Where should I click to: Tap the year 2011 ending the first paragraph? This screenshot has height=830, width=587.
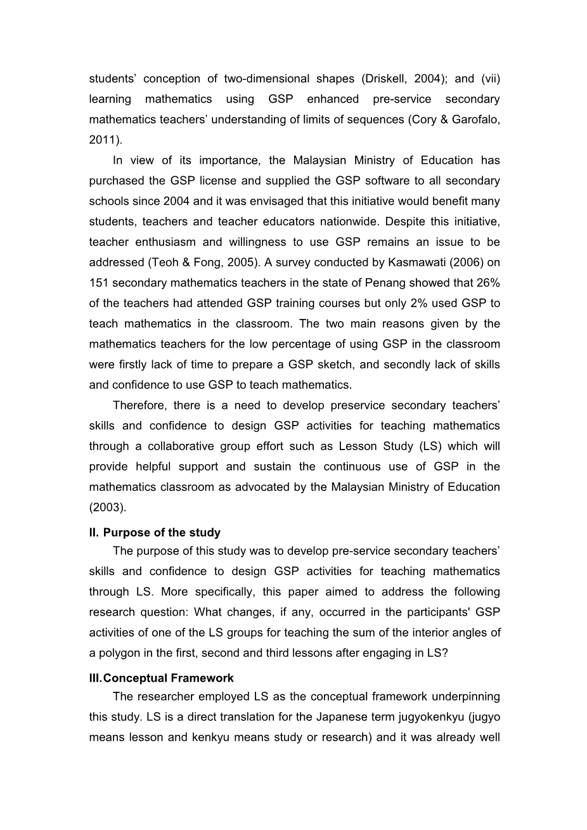(104, 139)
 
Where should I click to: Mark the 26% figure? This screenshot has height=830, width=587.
(489, 283)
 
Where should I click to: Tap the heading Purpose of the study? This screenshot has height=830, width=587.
(162, 533)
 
